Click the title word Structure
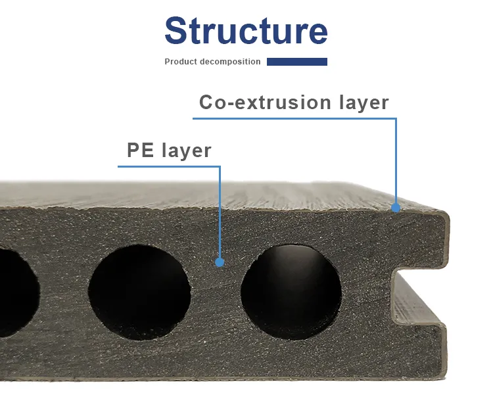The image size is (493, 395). pos(246,30)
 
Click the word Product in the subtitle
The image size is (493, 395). pos(177,62)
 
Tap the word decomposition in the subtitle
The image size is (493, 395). pos(226,62)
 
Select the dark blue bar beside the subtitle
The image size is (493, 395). pos(297,62)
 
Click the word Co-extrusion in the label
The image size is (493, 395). pos(266,103)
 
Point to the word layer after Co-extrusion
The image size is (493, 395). pos(364,103)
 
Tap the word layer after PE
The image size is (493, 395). pos(187,151)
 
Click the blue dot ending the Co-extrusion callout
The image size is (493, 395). pos(396,208)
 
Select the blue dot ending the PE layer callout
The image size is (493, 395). pos(220,262)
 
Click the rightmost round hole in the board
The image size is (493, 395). pos(291,292)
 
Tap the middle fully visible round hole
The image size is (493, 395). pos(139,292)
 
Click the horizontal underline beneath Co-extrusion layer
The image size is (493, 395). pos(294,118)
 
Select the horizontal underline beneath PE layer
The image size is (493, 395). pos(169,166)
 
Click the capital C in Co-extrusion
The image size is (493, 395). pos(206,103)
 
